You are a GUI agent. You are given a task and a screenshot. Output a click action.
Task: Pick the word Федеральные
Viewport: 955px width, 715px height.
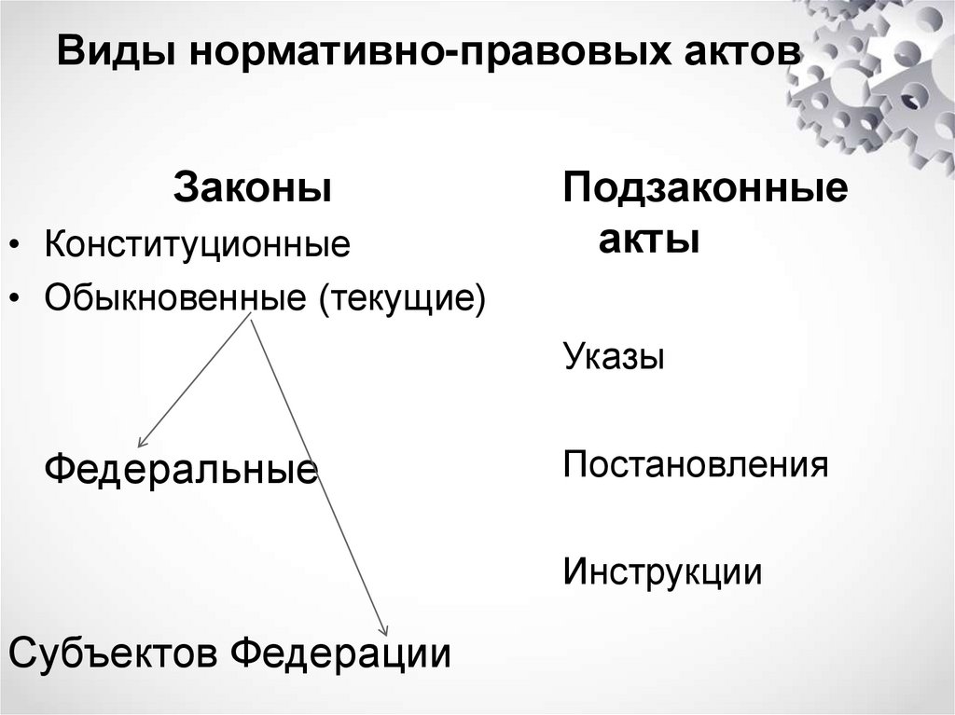182,467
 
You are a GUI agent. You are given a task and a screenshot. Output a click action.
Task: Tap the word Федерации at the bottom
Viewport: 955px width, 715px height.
341,652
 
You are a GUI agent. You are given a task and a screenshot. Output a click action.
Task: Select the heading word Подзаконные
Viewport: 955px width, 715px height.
705,189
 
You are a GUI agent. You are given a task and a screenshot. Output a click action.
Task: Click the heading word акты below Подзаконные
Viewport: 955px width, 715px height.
649,240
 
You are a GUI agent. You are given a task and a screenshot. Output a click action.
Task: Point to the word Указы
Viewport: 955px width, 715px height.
614,357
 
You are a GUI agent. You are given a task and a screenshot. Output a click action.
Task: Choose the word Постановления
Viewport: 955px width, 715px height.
696,463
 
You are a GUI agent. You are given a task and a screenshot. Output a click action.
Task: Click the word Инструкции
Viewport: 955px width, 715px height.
662,571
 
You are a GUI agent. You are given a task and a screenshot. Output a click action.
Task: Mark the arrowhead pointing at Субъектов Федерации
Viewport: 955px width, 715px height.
383,631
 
